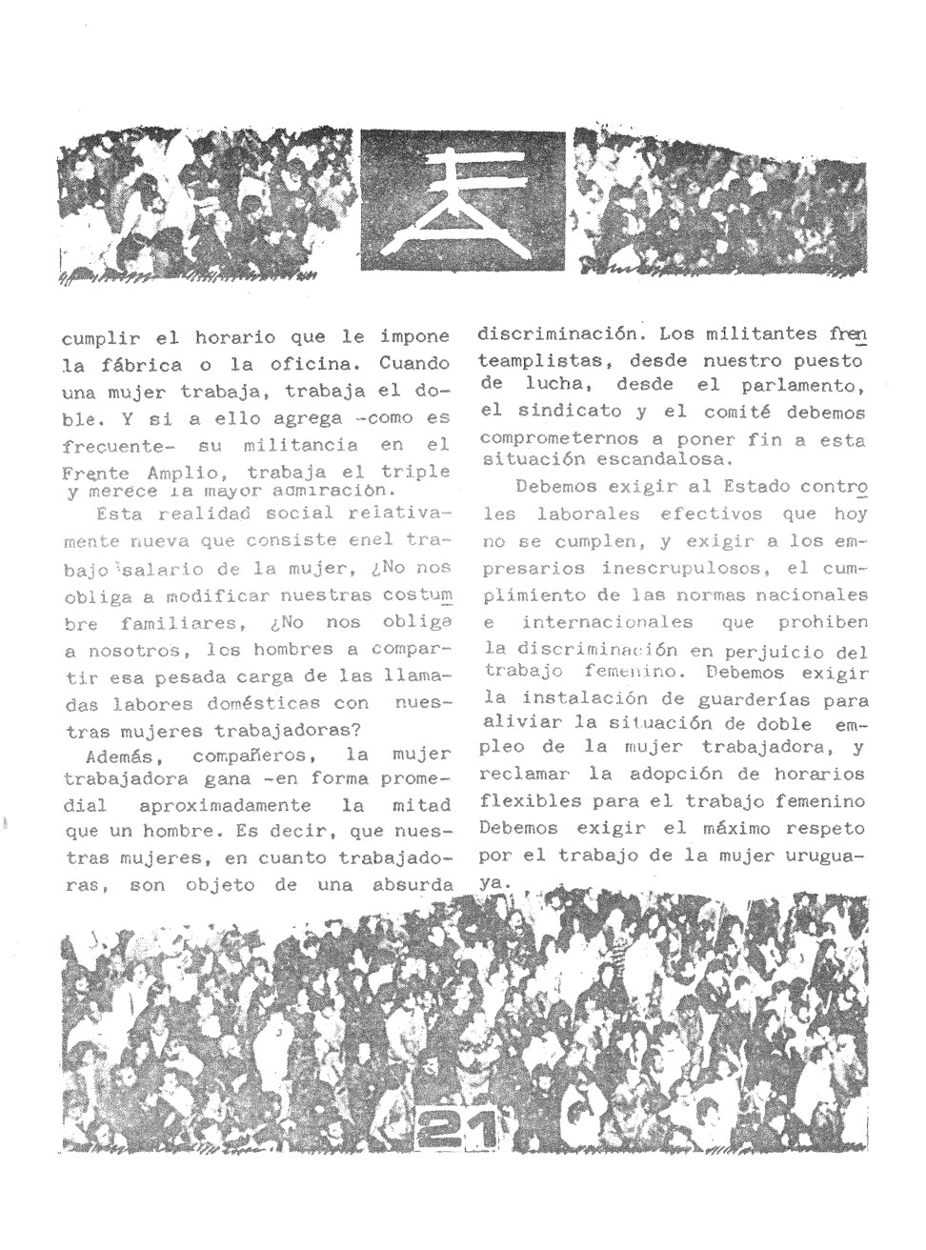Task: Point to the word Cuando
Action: pyautogui.click(x=413, y=363)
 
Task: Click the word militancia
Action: pyautogui.click(x=300, y=445)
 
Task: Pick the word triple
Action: pyautogui.click(x=415, y=472)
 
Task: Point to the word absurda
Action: pyautogui.click(x=412, y=885)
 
